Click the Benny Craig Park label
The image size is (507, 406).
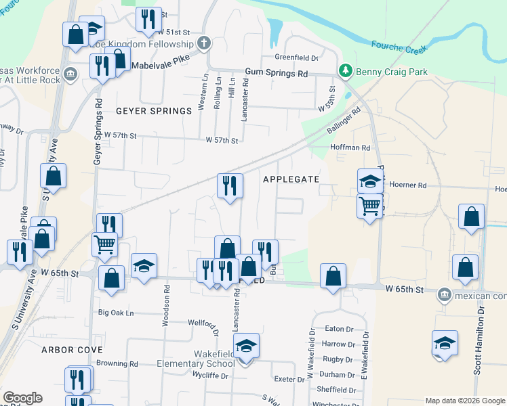384,70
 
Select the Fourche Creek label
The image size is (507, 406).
399,47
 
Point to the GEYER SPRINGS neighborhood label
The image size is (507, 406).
144,111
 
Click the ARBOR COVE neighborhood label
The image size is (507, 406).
72,350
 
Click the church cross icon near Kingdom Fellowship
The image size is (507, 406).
203,44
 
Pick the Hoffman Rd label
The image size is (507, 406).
350,147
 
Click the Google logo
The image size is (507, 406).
23,398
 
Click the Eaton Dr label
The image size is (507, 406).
340,329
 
